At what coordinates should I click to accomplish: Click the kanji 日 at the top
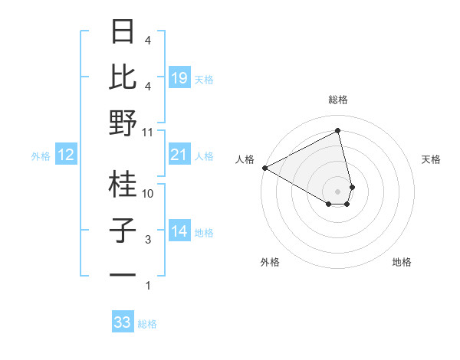(x=123, y=32)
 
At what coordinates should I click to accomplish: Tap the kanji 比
(x=123, y=77)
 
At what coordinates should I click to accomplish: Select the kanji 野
(x=123, y=123)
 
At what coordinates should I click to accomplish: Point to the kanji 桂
(x=123, y=184)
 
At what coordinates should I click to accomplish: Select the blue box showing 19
(x=179, y=78)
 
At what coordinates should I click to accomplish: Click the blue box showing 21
(x=179, y=155)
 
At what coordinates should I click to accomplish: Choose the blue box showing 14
(x=179, y=232)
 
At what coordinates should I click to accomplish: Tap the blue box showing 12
(x=65, y=155)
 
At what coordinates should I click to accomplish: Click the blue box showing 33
(x=123, y=322)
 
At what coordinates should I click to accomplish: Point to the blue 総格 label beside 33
(x=147, y=324)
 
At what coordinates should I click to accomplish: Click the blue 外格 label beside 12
(x=41, y=156)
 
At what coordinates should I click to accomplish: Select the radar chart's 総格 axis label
(x=337, y=100)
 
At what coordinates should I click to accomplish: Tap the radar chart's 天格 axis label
(x=432, y=159)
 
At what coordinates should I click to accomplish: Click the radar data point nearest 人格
(x=264, y=167)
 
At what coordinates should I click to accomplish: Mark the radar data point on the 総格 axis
(x=337, y=131)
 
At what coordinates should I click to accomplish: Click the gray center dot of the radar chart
(x=337, y=191)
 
